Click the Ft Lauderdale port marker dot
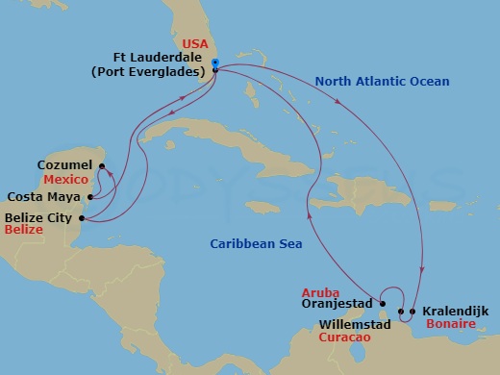(x=215, y=69)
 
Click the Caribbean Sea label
(x=256, y=244)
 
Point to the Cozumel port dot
(x=101, y=165)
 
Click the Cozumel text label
(x=63, y=165)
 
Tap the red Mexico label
(x=67, y=180)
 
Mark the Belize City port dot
(x=82, y=218)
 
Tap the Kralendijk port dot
(x=412, y=311)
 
